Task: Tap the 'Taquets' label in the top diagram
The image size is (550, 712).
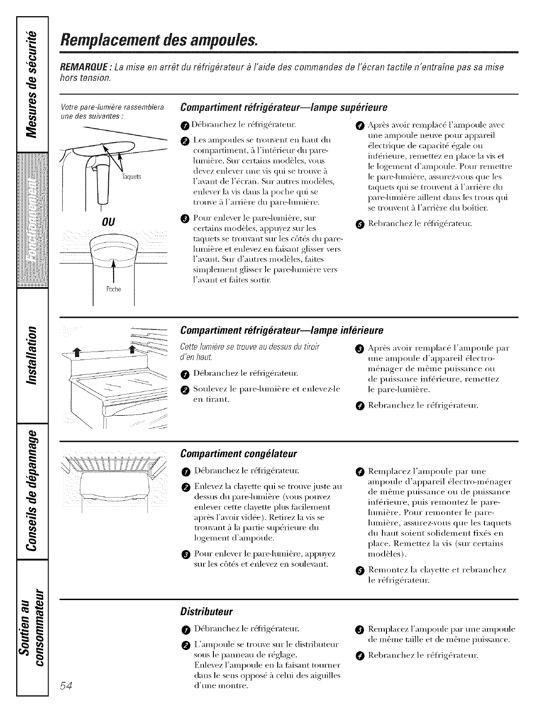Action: click(134, 177)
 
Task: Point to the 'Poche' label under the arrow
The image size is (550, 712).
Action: click(115, 289)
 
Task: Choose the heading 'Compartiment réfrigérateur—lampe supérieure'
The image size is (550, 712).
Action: click(283, 108)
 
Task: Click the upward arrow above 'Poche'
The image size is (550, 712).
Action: click(115, 269)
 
